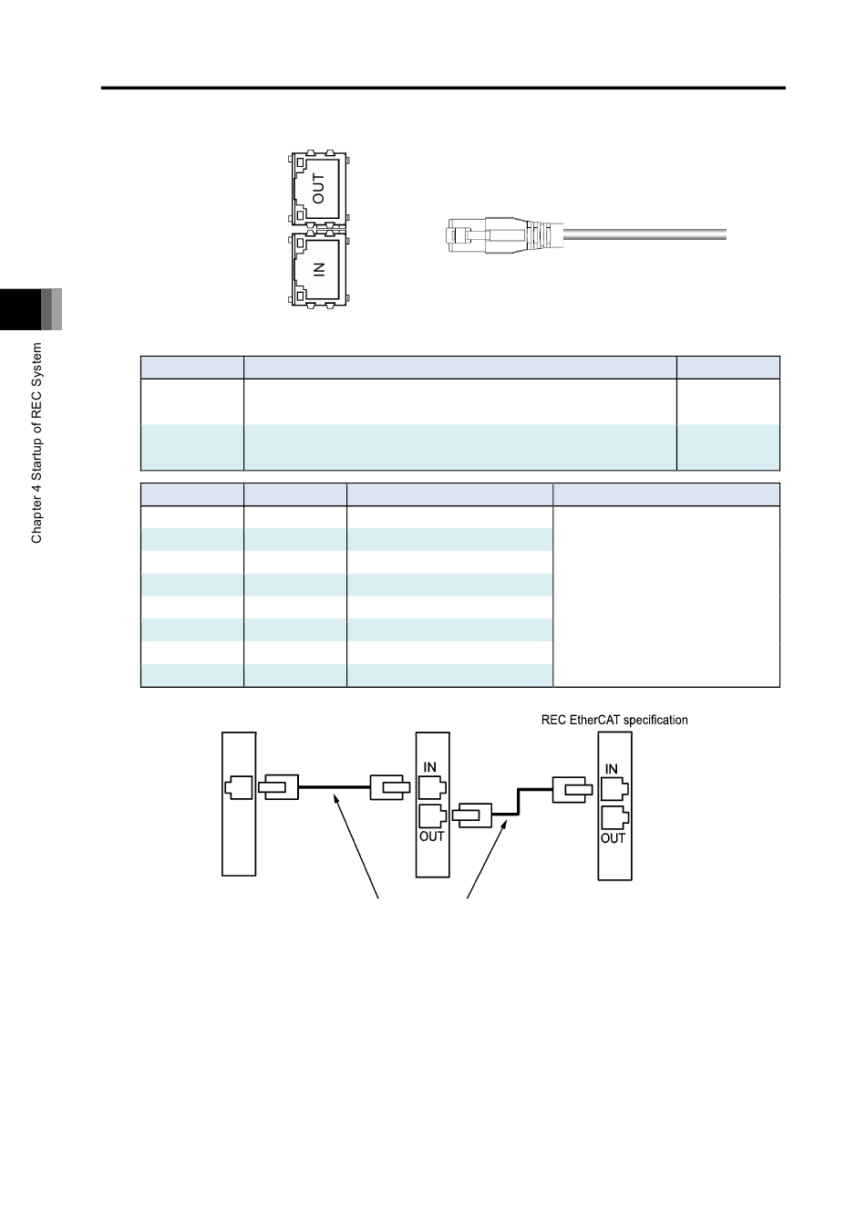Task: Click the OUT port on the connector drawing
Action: point(317,188)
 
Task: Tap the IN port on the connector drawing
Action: point(317,269)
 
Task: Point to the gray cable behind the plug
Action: point(645,234)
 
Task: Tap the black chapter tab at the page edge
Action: point(20,309)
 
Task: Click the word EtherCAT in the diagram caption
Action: point(594,720)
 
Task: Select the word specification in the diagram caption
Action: point(655,721)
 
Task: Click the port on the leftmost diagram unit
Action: point(239,787)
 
